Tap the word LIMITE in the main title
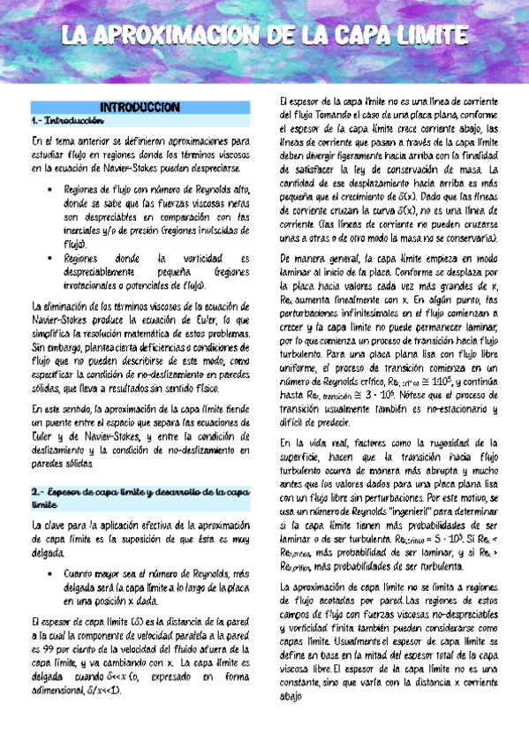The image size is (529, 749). pos(422,35)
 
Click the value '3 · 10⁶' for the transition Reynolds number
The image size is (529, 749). pos(401,373)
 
